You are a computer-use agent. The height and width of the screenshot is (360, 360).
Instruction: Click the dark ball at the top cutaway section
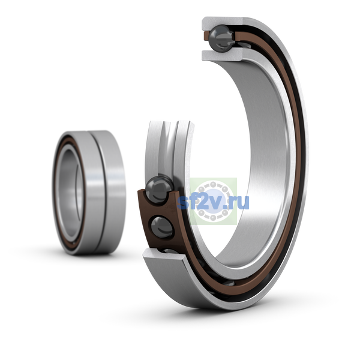tap(221, 38)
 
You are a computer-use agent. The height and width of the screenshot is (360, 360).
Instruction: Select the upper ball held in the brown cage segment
tap(159, 189)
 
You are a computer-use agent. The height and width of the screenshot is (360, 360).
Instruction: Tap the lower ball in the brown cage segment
tap(162, 227)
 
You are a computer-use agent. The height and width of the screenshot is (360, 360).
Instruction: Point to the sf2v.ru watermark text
tap(213, 202)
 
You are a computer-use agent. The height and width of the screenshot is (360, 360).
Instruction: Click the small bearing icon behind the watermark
tap(214, 201)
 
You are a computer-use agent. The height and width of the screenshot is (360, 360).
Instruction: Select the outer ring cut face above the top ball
tap(222, 22)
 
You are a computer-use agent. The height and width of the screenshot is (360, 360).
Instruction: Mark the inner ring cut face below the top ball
tap(222, 55)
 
